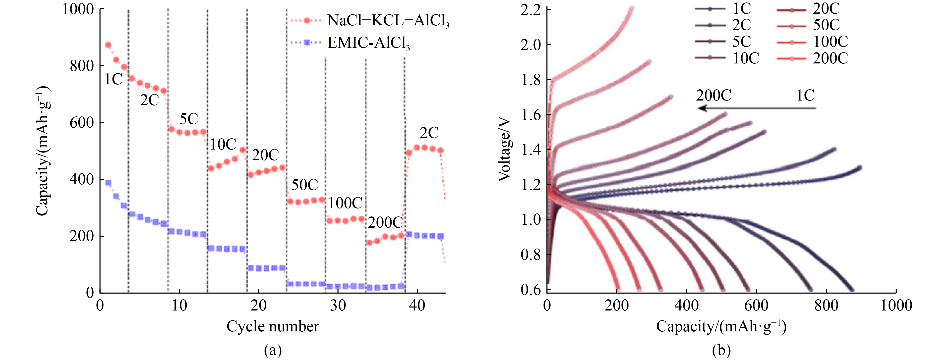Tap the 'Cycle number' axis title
pyautogui.click(x=273, y=326)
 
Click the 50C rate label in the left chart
pyautogui.click(x=304, y=185)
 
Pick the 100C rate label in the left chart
pyautogui.click(x=345, y=203)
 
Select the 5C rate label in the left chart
pyautogui.click(x=188, y=119)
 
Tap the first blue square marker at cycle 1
pyautogui.click(x=108, y=183)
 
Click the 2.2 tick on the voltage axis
pyautogui.click(x=530, y=10)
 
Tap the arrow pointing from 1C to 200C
pyautogui.click(x=756, y=108)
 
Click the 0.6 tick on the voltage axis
pyautogui.click(x=530, y=290)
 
